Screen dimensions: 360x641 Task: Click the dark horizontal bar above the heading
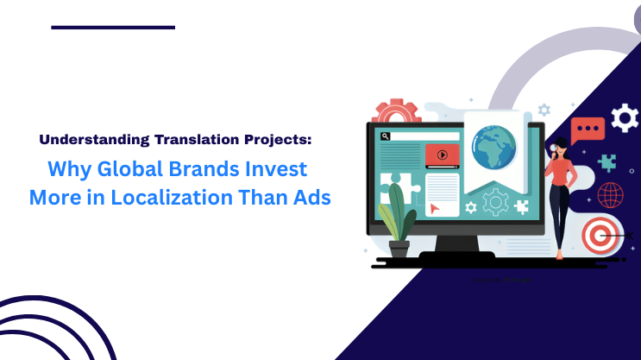(113, 28)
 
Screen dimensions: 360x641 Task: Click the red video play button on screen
(442, 155)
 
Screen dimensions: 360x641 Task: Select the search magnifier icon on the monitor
(385, 136)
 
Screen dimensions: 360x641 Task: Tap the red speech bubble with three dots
(588, 129)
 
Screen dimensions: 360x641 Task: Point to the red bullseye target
(600, 234)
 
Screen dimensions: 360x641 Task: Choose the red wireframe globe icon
(610, 194)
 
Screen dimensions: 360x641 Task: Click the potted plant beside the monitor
(397, 220)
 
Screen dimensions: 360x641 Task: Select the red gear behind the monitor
(395, 114)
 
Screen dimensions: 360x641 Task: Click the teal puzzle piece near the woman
(606, 161)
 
